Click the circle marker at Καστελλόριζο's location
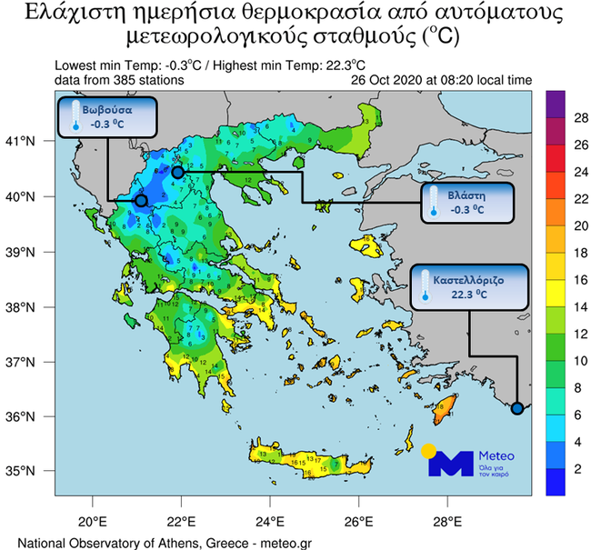pyautogui.click(x=517, y=408)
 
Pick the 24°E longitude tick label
pyautogui.click(x=270, y=522)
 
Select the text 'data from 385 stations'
pyautogui.click(x=119, y=80)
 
